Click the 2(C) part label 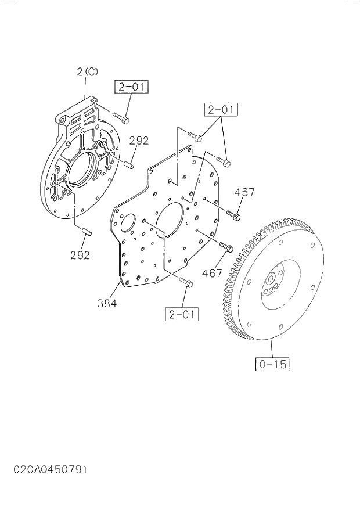tap(87, 72)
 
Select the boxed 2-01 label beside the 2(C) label tap(131, 88)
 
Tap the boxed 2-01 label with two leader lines tap(221, 109)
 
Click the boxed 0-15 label tap(272, 364)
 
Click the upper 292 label tap(139, 141)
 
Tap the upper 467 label tap(244, 193)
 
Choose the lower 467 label tap(213, 272)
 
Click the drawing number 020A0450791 tap(44, 469)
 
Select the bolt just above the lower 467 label tap(226, 247)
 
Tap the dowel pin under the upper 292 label tap(129, 164)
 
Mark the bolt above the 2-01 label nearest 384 tap(186, 282)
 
